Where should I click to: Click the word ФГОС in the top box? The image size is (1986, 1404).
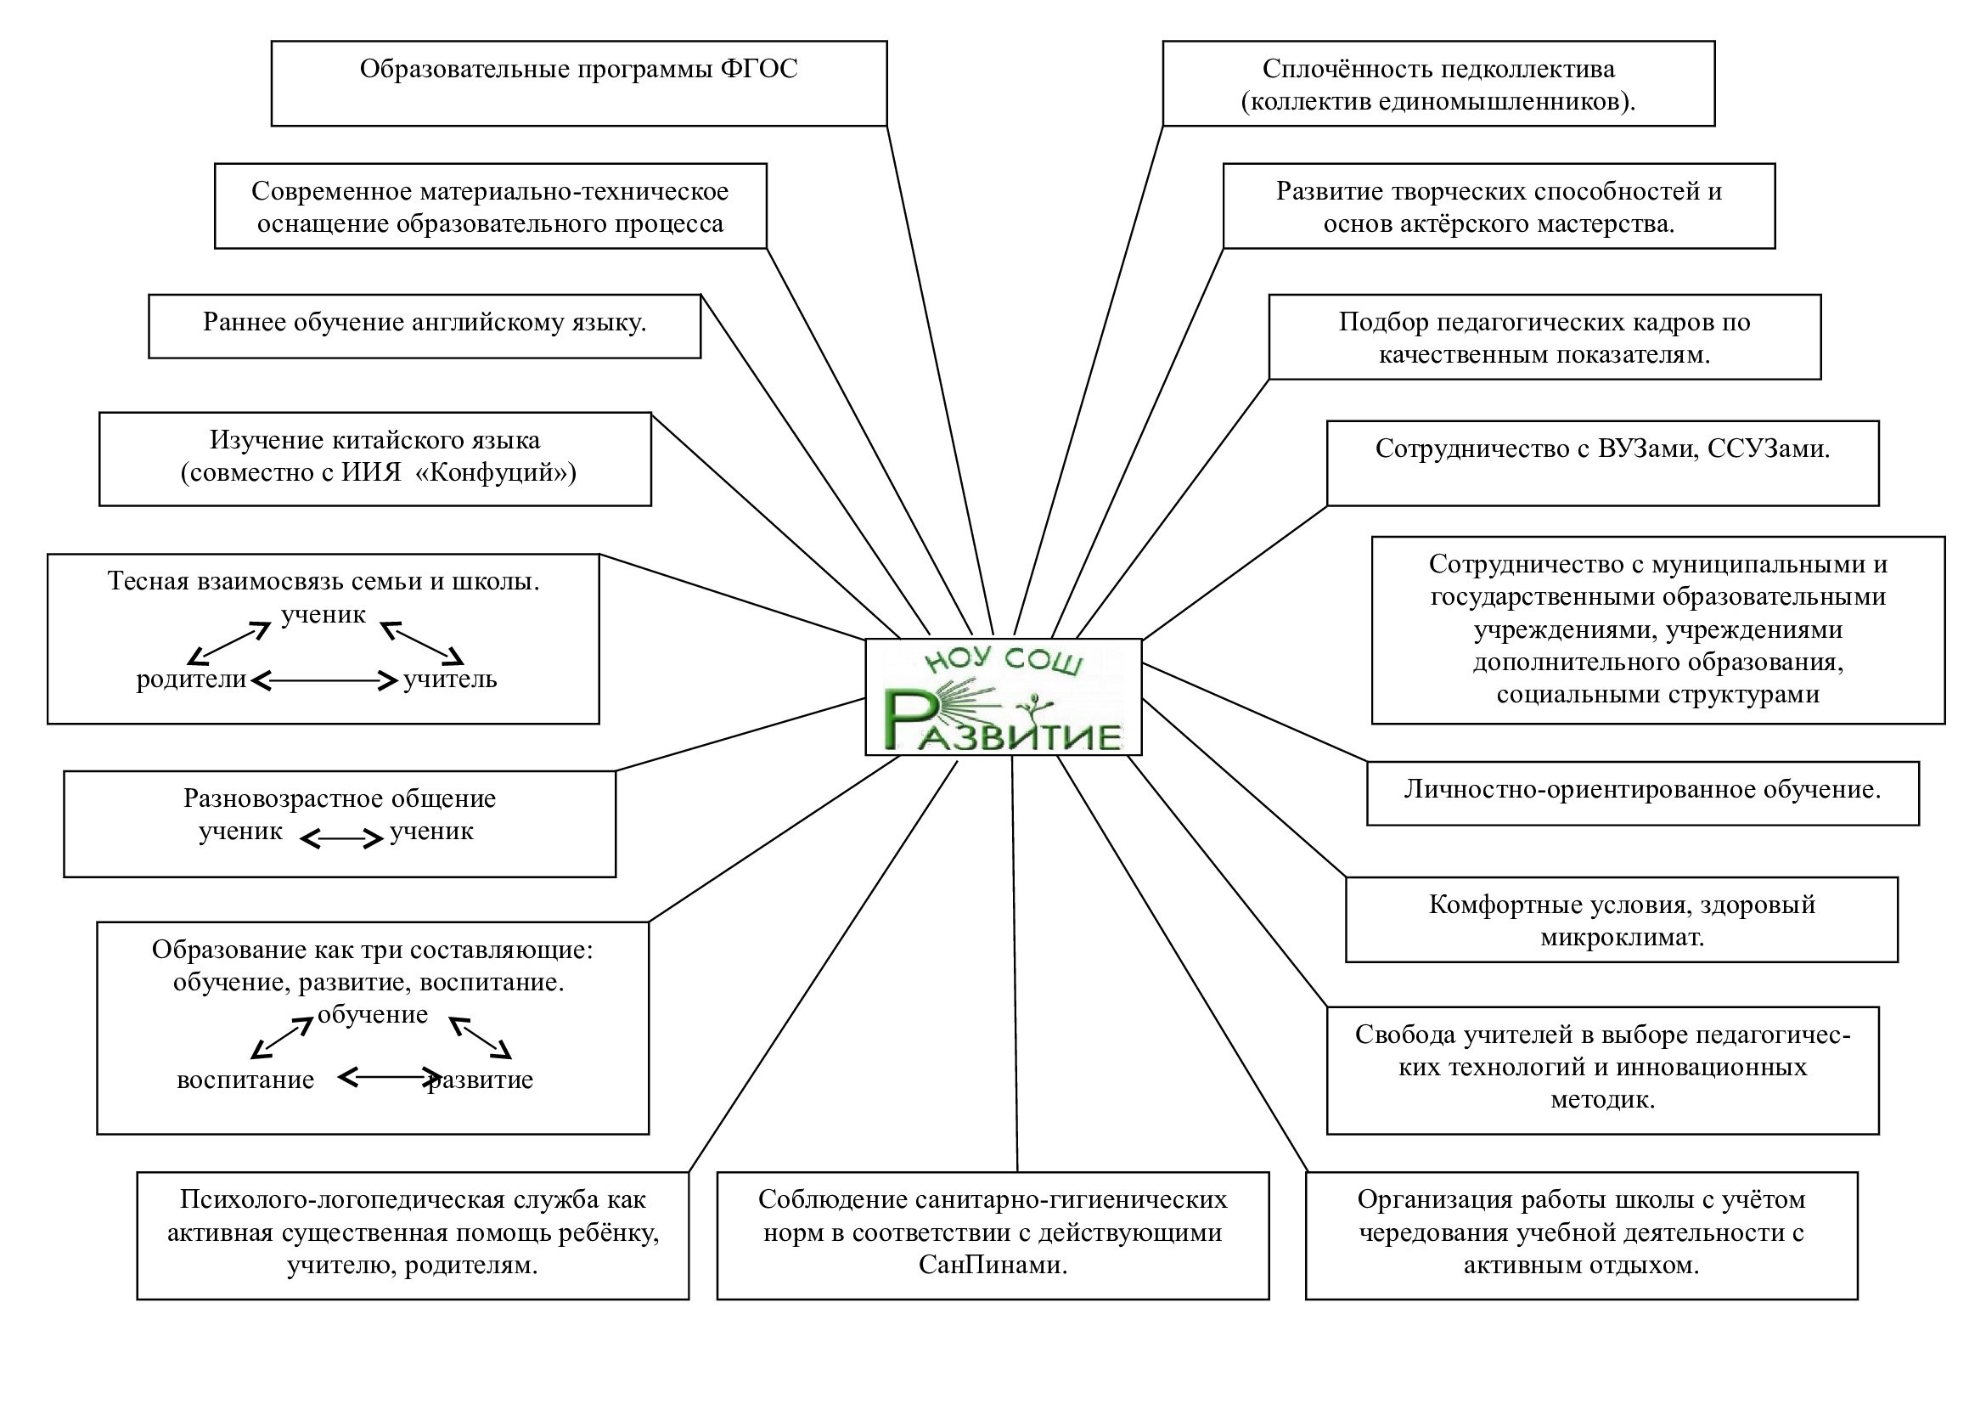click(758, 69)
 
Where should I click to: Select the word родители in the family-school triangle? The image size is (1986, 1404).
click(191, 679)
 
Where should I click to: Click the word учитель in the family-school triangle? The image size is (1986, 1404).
click(450, 679)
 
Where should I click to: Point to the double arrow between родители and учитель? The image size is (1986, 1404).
click(323, 681)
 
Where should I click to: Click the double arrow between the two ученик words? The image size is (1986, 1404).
click(340, 838)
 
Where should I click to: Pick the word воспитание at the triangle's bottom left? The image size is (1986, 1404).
click(245, 1080)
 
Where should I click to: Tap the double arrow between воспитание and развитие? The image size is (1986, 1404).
click(389, 1077)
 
